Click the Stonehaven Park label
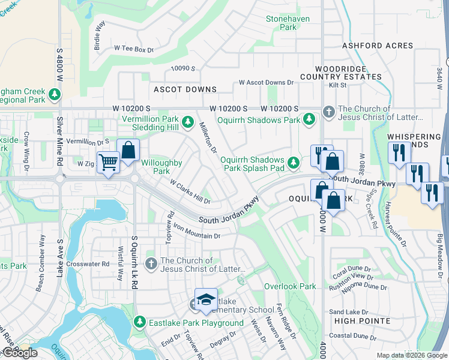288,23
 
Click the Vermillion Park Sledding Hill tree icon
187,119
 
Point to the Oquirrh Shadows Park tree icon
309,119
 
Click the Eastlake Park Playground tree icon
139,323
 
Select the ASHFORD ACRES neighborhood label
378,46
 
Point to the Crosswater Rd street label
89,263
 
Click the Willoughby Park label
161,166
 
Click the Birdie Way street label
100,35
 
